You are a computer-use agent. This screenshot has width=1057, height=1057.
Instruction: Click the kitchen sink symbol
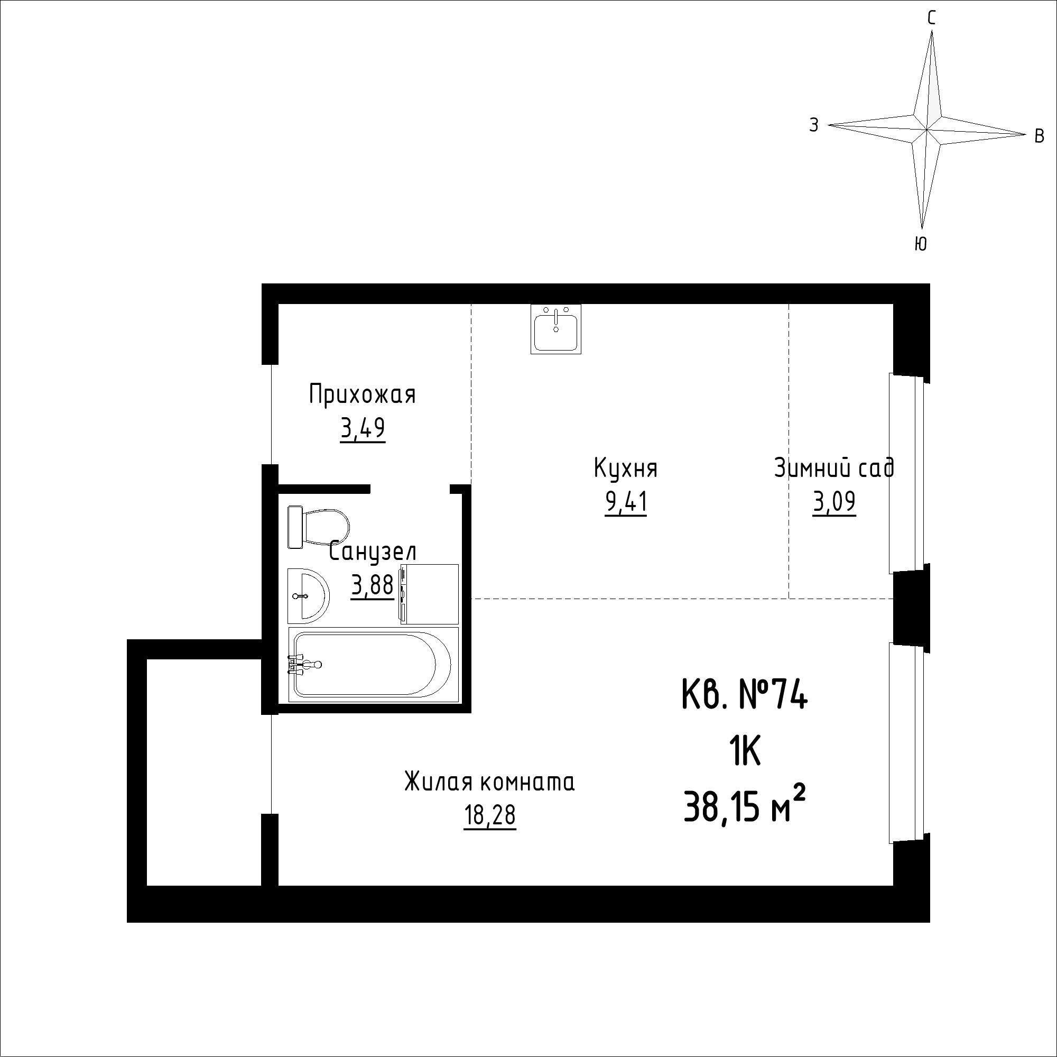point(556,328)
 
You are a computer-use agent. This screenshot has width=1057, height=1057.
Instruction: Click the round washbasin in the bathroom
point(308,595)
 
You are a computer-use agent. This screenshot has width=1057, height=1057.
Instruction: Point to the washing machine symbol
point(429,594)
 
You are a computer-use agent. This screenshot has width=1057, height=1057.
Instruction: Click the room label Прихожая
point(362,394)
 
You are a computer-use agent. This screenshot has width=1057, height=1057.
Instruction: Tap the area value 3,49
point(363,429)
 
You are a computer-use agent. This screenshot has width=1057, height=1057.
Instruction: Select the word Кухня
point(625,469)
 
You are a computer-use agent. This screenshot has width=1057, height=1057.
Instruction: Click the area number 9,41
point(626,502)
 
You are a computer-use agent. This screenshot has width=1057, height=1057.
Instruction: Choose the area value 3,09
point(834,502)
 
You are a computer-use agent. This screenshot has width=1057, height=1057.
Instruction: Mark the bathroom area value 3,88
point(373,586)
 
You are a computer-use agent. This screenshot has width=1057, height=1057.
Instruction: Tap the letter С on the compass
point(931,19)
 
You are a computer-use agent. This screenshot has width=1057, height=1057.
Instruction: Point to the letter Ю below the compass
point(921,244)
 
